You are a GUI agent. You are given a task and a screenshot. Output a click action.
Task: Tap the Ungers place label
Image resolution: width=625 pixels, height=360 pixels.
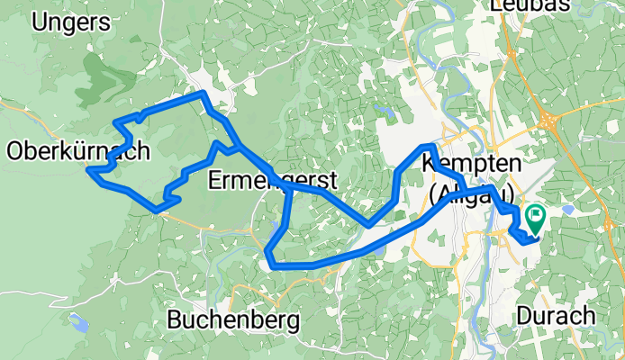(64, 22)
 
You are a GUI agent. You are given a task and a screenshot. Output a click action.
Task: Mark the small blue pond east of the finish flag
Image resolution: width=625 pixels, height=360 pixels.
(568, 209)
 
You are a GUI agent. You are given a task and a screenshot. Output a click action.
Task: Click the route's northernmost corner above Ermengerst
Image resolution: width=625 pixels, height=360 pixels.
(205, 94)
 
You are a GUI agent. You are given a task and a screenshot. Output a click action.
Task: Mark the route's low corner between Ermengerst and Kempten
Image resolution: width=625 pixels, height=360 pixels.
(368, 223)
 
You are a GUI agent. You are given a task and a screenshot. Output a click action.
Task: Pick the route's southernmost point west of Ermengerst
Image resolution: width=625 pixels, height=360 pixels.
(159, 210)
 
